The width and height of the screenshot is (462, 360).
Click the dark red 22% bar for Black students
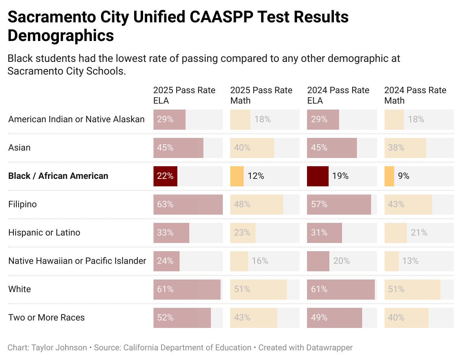tap(165, 176)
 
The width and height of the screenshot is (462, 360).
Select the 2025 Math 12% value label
tap(256, 176)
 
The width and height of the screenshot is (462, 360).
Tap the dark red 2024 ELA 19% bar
tap(317, 176)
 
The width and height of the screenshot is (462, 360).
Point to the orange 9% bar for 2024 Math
tap(389, 176)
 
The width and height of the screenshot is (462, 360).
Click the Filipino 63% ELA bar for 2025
tap(188, 204)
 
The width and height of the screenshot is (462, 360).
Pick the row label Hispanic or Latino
tap(44, 233)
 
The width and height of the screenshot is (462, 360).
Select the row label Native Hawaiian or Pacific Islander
tap(77, 261)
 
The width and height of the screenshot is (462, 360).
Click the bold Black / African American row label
tap(58, 176)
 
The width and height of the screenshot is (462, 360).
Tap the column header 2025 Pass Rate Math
tap(261, 95)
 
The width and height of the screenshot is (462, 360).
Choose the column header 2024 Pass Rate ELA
tap(338, 95)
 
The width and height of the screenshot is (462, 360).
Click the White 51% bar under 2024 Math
tap(412, 289)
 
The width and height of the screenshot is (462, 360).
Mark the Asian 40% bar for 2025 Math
tap(252, 148)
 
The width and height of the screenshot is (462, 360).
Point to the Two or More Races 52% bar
tap(182, 318)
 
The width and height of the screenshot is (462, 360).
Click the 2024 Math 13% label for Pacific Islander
tap(410, 261)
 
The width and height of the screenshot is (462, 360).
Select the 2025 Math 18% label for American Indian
tap(262, 119)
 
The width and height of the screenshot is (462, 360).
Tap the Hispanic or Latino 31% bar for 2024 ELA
tap(324, 233)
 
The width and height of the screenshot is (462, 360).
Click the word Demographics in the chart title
tap(61, 36)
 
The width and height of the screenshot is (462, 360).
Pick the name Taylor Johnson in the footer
tap(59, 348)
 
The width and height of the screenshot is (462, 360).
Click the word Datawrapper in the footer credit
tap(329, 348)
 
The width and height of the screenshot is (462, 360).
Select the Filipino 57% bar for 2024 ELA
tap(339, 204)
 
